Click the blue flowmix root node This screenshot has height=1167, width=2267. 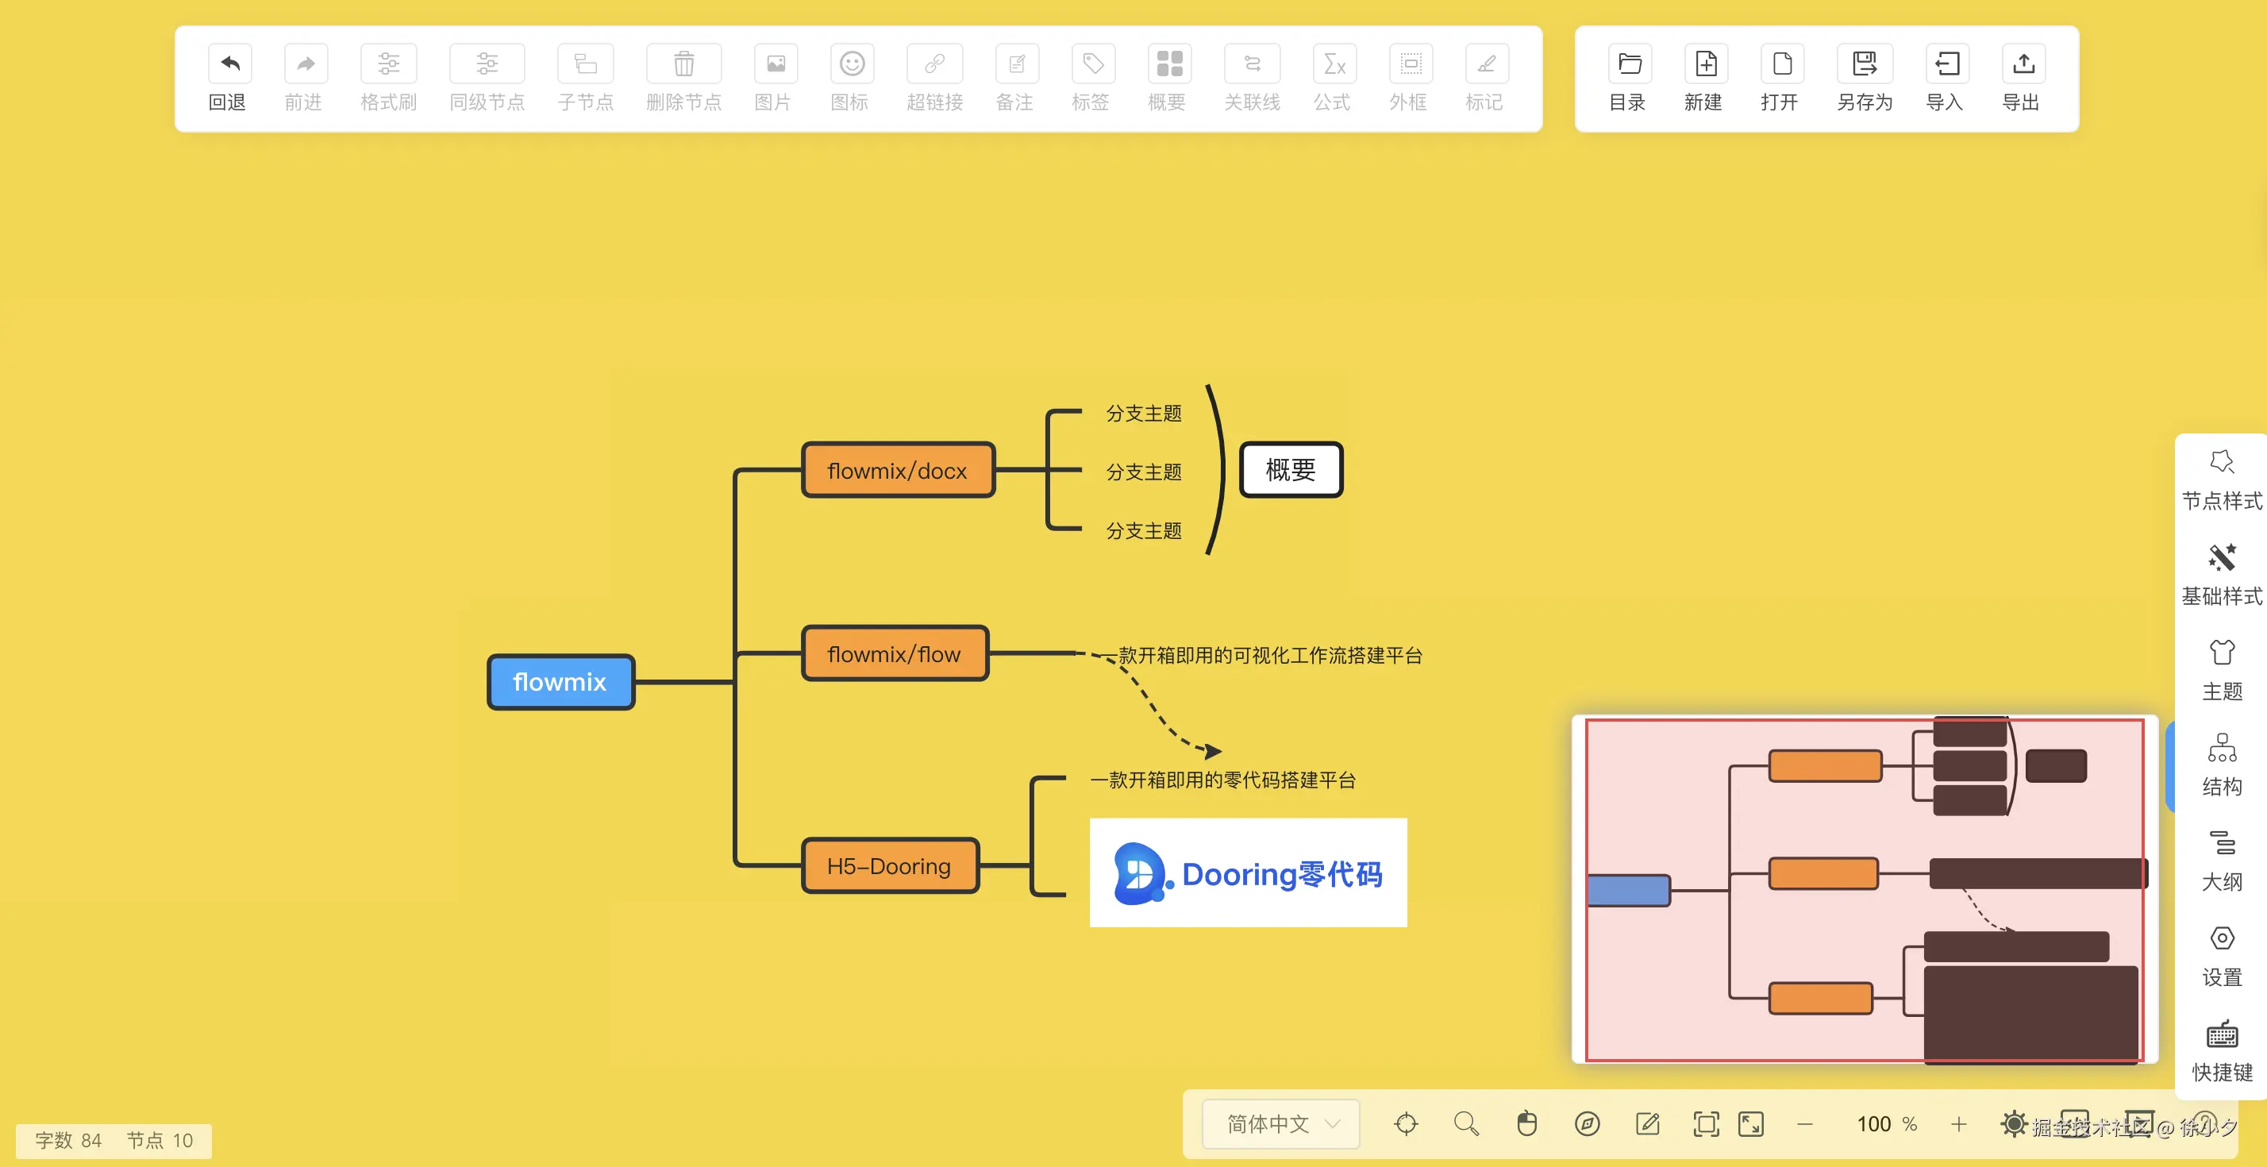click(560, 682)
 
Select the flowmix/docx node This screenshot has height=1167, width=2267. click(898, 471)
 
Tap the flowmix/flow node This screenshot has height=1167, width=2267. click(894, 654)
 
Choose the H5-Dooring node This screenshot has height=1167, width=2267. click(889, 866)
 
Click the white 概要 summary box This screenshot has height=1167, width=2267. click(1290, 470)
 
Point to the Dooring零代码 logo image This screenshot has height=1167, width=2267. click(1248, 873)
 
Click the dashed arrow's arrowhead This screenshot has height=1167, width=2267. click(1214, 751)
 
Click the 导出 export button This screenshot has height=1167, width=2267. click(2023, 78)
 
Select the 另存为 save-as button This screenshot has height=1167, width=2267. click(1864, 78)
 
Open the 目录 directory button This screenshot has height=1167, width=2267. click(1628, 78)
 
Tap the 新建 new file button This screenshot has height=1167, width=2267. click(1703, 78)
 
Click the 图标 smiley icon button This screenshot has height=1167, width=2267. click(851, 78)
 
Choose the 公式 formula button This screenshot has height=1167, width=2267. click(1333, 78)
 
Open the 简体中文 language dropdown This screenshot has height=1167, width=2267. click(1281, 1124)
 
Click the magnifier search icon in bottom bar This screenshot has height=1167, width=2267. click(1466, 1124)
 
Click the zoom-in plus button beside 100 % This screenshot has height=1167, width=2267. click(1959, 1124)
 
